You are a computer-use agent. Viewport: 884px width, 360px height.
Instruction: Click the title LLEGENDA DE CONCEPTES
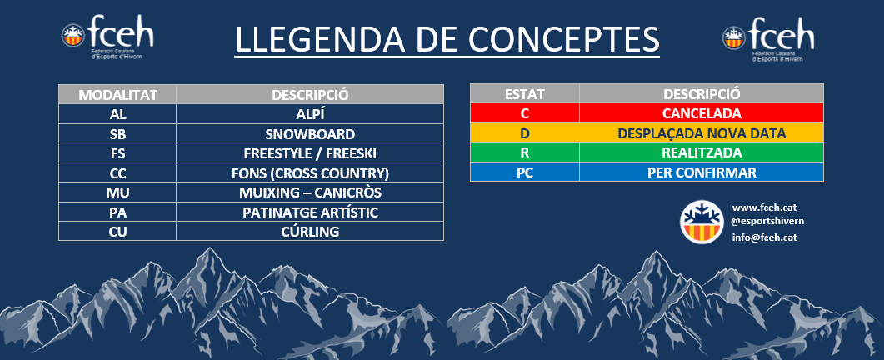tap(447, 38)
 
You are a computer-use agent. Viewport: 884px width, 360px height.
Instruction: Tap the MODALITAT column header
tap(117, 94)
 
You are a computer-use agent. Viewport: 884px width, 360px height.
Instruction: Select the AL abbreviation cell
tap(117, 114)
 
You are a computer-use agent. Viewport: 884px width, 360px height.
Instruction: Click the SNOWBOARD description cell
tap(310, 133)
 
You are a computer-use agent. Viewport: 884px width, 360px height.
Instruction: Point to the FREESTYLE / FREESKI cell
tap(310, 153)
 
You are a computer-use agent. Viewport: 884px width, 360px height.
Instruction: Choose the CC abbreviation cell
tap(117, 172)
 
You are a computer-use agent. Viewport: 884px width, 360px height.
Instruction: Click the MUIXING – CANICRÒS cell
tap(310, 192)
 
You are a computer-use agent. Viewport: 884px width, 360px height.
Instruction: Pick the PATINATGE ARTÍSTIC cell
tap(310, 212)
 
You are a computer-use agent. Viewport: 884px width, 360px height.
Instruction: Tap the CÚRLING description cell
tap(310, 232)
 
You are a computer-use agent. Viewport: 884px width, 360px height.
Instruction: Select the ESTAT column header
tap(524, 93)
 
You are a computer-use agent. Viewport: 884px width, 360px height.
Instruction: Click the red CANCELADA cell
tap(702, 112)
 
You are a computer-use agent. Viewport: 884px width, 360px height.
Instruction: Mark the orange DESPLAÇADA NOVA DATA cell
tap(702, 133)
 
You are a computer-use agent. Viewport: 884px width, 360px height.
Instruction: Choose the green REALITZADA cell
tap(702, 152)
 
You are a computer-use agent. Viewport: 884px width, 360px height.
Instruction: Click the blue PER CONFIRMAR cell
tap(702, 172)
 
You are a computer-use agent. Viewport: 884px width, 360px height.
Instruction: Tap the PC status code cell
tap(524, 172)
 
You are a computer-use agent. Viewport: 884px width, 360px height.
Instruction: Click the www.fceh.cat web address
tap(764, 207)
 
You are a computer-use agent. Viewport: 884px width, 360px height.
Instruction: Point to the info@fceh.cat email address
tap(764, 237)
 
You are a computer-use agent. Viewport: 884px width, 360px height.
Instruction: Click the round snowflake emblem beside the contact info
tap(701, 222)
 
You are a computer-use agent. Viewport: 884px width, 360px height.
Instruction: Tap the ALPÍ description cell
tap(310, 114)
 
